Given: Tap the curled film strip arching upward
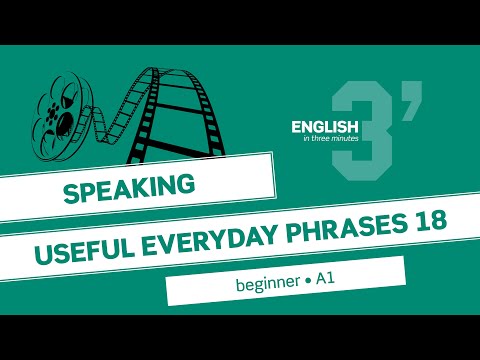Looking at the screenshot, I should [170, 100].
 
